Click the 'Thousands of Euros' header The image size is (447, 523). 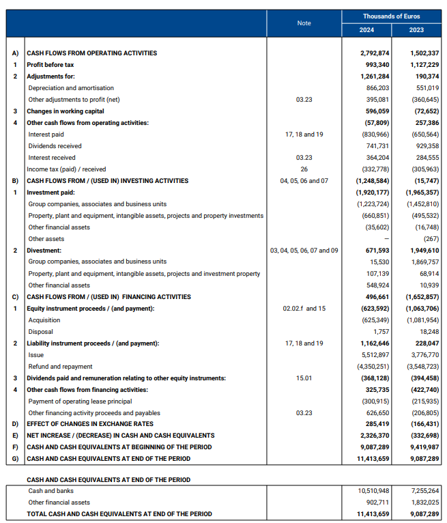391,16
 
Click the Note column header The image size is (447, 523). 304,23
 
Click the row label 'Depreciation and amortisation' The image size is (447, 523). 71,88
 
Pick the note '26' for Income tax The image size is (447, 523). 304,169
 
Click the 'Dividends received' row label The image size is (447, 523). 55,146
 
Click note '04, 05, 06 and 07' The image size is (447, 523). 304,181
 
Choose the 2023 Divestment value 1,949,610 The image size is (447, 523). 423,251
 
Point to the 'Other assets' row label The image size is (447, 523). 46,239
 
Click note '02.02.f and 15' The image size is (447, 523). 304,309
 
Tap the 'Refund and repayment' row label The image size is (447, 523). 59,367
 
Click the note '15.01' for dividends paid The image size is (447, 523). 304,378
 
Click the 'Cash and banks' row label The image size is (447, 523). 51,491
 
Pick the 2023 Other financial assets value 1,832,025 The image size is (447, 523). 423,503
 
